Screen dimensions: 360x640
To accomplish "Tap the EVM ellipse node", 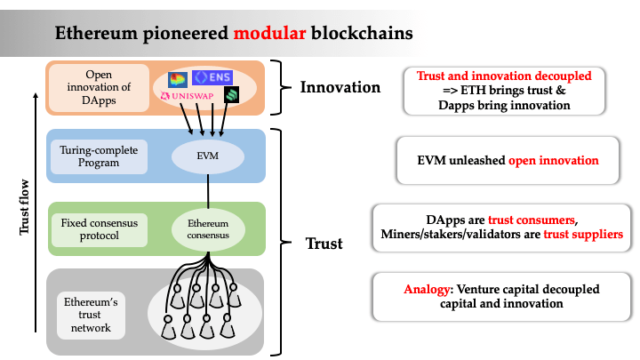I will click(207, 156).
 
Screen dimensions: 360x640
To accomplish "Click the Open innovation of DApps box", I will click(99, 87).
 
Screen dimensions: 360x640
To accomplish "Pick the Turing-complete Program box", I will click(99, 156).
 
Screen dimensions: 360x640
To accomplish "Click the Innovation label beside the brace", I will click(340, 87).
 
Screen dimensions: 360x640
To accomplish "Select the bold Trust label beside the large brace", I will click(324, 243).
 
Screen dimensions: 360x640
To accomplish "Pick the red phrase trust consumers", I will click(543, 220).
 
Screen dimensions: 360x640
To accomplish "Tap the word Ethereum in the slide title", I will click(97, 34).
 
